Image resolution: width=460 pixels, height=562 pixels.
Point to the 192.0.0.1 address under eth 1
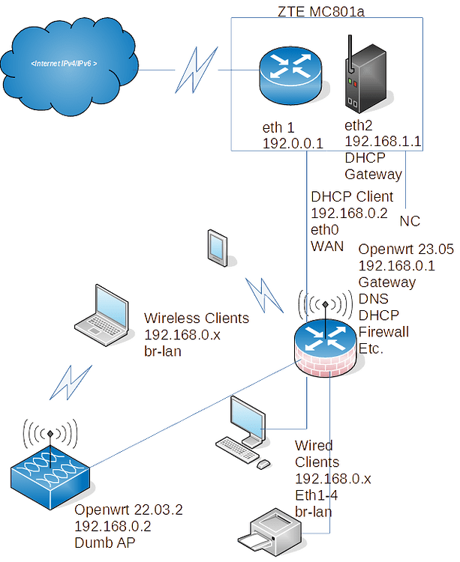(293, 142)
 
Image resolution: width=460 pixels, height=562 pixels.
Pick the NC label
(409, 222)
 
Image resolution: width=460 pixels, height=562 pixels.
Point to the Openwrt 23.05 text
(406, 249)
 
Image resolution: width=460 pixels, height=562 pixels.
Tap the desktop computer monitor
(245, 418)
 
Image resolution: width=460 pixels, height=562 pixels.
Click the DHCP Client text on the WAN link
(351, 196)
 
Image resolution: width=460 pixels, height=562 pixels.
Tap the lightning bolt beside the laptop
(73, 382)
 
